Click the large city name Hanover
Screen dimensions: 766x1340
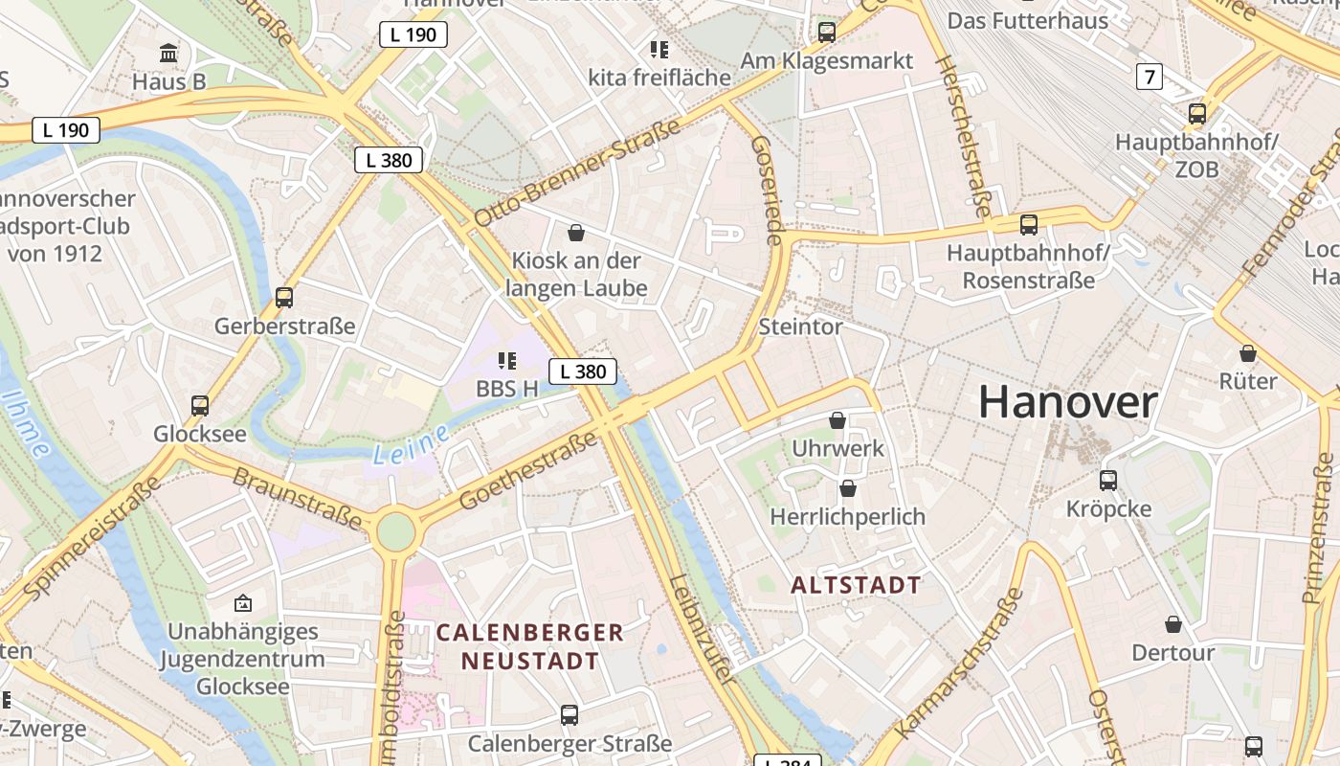tap(1067, 402)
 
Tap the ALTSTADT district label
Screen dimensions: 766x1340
tap(856, 585)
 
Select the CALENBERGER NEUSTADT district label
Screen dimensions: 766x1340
tap(530, 646)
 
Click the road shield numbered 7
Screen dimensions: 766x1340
tap(1150, 76)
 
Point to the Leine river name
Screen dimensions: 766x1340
tap(411, 445)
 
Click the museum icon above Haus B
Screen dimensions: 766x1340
tap(169, 53)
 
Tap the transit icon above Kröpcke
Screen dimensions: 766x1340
tap(1108, 480)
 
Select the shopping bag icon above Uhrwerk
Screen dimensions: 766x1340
tap(837, 420)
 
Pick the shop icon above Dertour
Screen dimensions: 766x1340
tap(1172, 625)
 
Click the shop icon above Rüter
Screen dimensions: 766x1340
tap(1247, 353)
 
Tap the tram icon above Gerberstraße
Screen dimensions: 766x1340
tap(284, 297)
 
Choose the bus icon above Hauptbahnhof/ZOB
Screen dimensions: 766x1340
tap(1196, 113)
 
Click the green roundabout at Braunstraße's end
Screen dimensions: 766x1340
tap(394, 530)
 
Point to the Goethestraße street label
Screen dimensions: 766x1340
tap(528, 470)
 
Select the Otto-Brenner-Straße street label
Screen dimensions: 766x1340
tap(576, 172)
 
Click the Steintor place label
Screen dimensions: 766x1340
tap(800, 327)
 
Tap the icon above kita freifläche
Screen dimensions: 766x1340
tap(659, 49)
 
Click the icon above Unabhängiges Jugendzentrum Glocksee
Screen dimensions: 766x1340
tap(243, 603)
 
